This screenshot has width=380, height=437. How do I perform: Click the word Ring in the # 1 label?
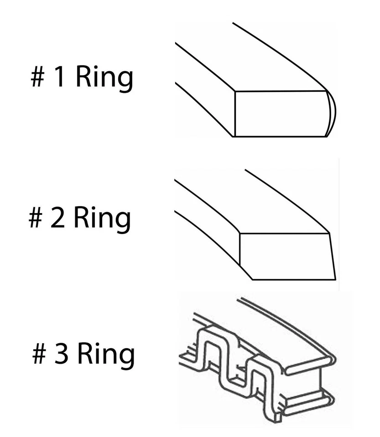(104, 78)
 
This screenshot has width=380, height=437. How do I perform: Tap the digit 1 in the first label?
(59, 78)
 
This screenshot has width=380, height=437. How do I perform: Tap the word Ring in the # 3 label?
(105, 355)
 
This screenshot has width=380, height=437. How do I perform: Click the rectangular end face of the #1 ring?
(281, 113)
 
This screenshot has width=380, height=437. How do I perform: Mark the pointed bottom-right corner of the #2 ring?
(334, 278)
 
